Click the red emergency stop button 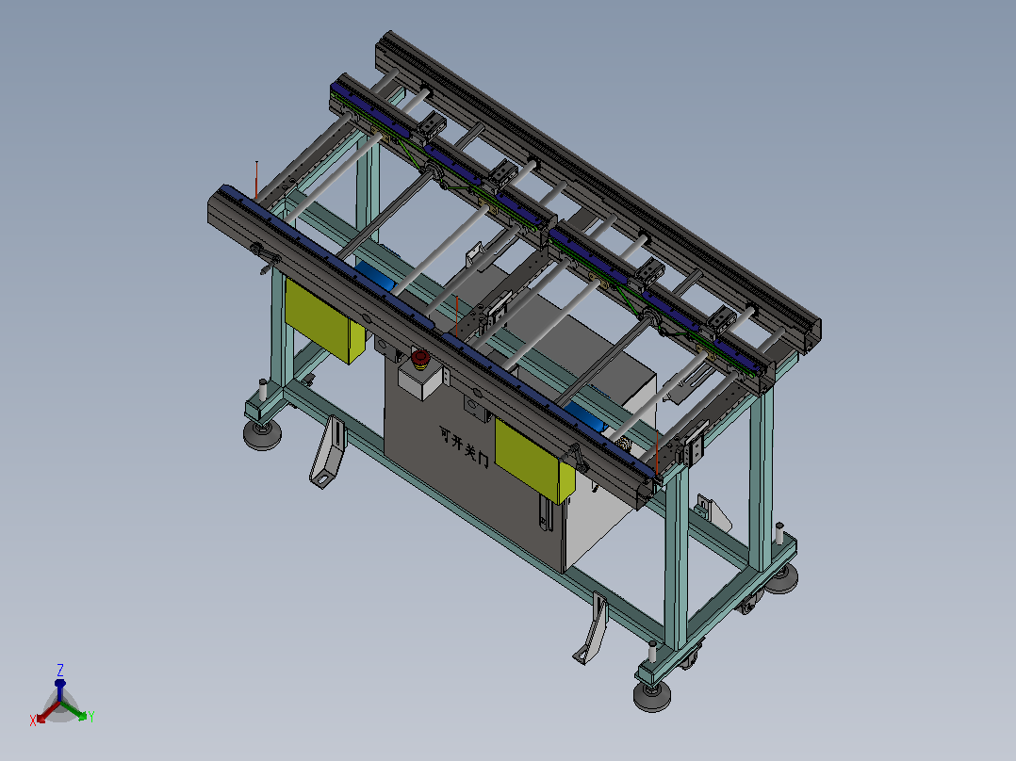point(420,357)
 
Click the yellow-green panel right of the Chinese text point(534,461)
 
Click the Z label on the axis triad point(60,670)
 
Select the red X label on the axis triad point(33,721)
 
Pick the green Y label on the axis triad point(91,717)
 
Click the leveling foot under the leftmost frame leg point(262,434)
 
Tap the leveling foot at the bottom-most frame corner point(652,697)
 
